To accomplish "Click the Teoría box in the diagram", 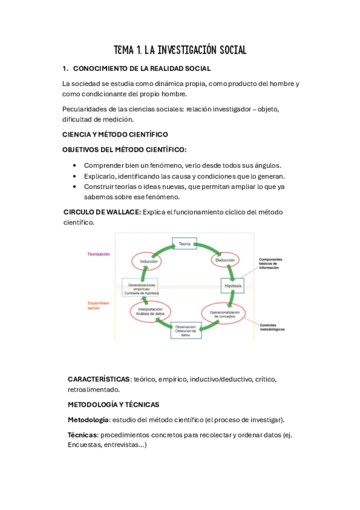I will coord(185,244).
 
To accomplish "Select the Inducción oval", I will coord(148,262).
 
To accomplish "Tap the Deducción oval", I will coord(224,261).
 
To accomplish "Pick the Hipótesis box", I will coord(232,286).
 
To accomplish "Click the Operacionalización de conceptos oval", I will coord(224,314).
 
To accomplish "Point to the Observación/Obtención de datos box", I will coord(185,330).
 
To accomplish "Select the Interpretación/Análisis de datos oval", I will coord(150,310).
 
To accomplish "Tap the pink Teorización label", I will coord(99,254).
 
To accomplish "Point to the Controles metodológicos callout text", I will coord(271,327).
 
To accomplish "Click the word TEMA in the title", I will coord(124,50).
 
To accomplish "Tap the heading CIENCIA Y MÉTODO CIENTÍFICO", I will coord(115,134).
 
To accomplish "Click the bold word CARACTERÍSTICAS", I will coord(99,379).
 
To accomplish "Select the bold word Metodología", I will coord(88,419).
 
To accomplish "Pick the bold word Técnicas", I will coord(82,434).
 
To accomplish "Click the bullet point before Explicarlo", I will coord(74,176).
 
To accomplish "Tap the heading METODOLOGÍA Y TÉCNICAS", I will coord(113,405).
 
